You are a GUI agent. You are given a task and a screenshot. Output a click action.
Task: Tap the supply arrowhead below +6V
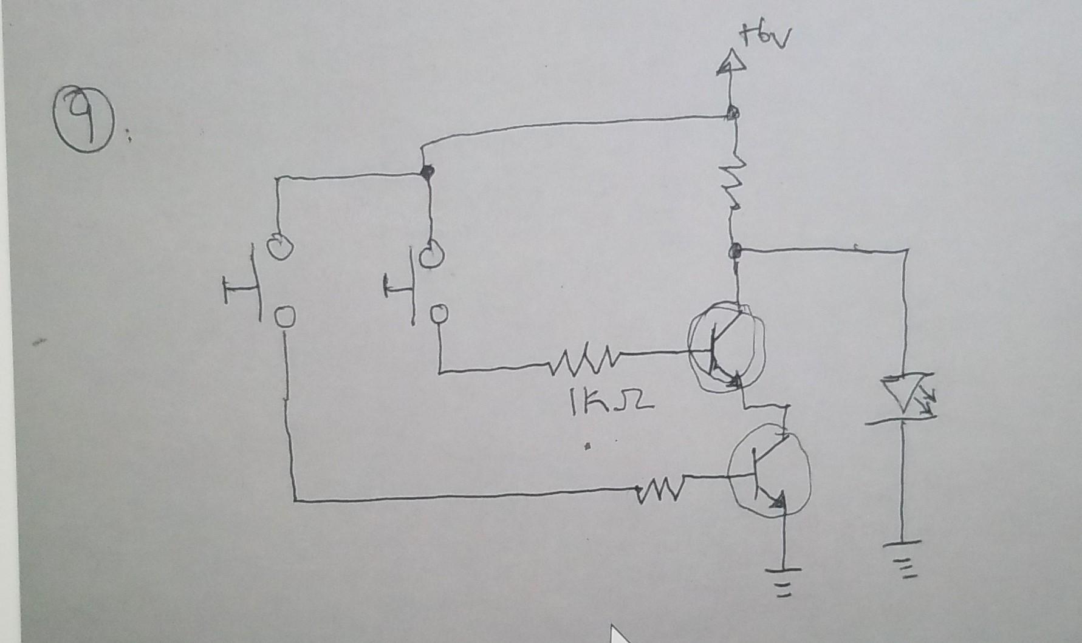coord(729,64)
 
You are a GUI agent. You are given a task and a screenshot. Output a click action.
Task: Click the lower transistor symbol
coord(769,471)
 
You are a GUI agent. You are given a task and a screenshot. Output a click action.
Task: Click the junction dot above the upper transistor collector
coord(736,250)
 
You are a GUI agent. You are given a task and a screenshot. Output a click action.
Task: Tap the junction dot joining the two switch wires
coord(428,172)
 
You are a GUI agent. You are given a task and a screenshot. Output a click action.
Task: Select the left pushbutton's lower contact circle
coord(284,317)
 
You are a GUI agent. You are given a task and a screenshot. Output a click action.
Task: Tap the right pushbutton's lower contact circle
coord(439,314)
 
